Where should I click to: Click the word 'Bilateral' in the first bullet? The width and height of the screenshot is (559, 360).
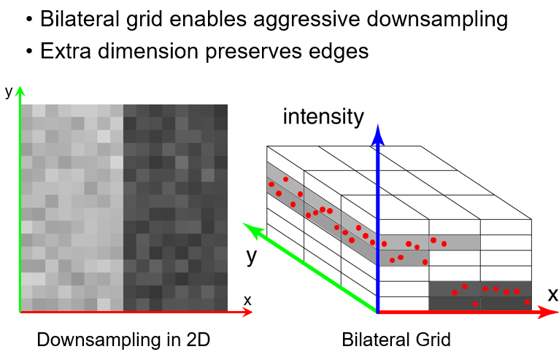click(76, 19)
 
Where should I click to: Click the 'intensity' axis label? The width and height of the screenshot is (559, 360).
click(323, 116)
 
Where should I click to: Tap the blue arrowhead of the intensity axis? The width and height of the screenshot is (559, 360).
click(377, 133)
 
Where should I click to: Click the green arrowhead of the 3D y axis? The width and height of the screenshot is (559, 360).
click(250, 229)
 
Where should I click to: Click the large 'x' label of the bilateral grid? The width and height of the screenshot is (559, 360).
click(552, 295)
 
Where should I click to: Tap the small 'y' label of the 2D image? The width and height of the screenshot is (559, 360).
click(9, 92)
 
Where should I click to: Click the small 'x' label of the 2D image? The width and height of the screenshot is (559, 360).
click(247, 299)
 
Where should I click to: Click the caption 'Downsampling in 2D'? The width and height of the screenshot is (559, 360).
click(123, 340)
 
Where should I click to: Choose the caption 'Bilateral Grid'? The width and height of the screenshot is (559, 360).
click(396, 340)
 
